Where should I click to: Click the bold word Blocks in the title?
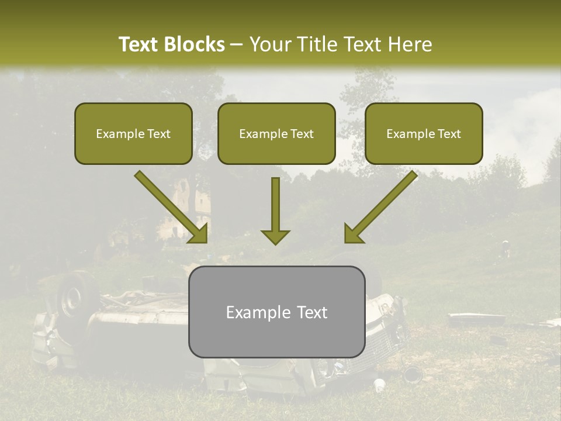tap(195, 44)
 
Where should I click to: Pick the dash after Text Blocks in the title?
tap(237, 45)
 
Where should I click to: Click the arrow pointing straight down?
tap(275, 210)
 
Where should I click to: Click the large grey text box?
tap(276, 312)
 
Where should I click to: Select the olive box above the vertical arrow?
tap(276, 134)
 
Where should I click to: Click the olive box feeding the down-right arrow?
tap(133, 134)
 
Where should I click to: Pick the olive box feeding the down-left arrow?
tap(424, 134)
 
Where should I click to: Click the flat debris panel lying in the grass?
tap(476, 319)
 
